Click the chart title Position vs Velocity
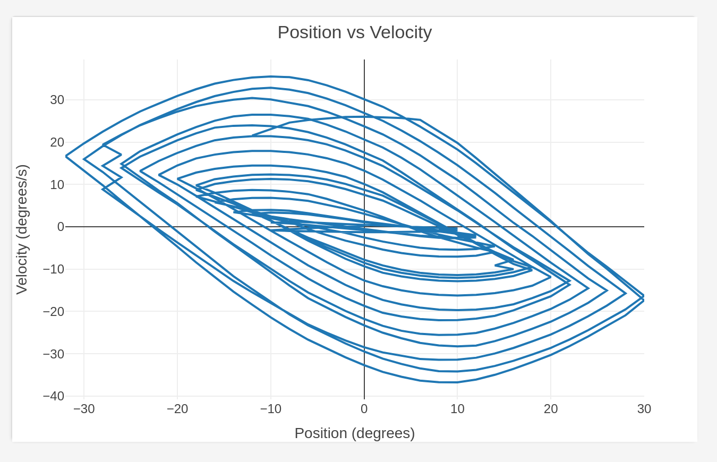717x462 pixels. [x=354, y=32]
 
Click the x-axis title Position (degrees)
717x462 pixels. [x=354, y=433]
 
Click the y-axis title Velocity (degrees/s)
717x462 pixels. [x=22, y=229]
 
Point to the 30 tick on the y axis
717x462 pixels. [x=57, y=100]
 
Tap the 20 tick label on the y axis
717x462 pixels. [x=57, y=142]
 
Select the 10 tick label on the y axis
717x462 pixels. [x=57, y=184]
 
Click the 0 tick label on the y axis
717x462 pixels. [x=61, y=227]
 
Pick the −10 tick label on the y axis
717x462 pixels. [x=53, y=269]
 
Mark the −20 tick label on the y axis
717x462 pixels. [x=53, y=311]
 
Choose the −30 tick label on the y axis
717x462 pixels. [x=53, y=354]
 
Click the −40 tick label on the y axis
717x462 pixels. [x=53, y=396]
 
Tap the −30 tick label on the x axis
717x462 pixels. [x=84, y=409]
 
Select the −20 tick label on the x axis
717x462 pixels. [x=177, y=409]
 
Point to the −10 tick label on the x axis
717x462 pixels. [x=270, y=409]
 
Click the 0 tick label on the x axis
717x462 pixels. [x=364, y=409]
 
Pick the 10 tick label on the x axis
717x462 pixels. [x=457, y=409]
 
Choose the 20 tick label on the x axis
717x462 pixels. [x=551, y=409]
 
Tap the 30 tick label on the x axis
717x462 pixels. [x=644, y=409]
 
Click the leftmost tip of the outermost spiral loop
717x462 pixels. [x=66, y=156]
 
